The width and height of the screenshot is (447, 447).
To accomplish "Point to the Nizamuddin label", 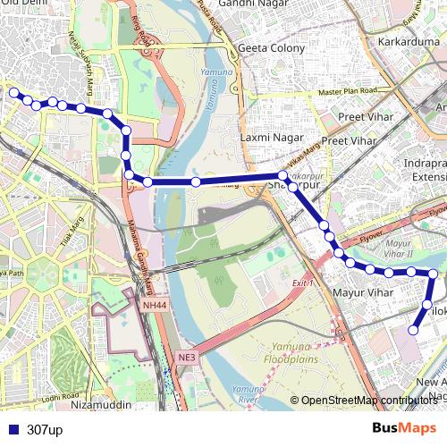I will pyautogui.click(x=99, y=404).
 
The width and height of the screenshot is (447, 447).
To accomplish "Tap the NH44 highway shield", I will pyautogui.click(x=154, y=305).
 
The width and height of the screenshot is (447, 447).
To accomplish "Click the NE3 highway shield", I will pyautogui.click(x=186, y=358).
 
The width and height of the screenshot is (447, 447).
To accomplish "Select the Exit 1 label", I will pyautogui.click(x=304, y=283).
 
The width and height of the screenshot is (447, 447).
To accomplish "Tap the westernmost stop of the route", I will pyautogui.click(x=13, y=92).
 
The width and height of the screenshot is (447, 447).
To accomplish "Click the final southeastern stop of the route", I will pyautogui.click(x=413, y=331).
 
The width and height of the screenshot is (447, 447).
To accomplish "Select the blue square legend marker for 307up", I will pyautogui.click(x=12, y=430).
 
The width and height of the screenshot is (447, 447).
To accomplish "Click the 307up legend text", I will pyautogui.click(x=45, y=430).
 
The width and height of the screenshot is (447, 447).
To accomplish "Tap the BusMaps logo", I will pyautogui.click(x=403, y=428).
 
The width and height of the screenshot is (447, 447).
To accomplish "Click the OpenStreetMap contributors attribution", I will pyautogui.click(x=369, y=401).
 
